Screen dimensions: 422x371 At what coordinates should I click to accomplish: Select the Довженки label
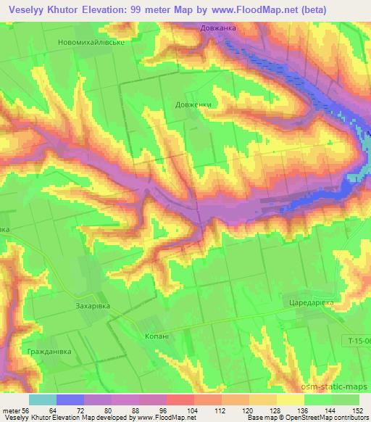[x=193, y=104]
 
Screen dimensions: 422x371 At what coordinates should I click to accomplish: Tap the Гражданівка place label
[x=45, y=351]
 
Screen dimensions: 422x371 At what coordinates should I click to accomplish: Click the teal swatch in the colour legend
[x=42, y=399]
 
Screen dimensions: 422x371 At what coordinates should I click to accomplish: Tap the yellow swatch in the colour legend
[x=290, y=399]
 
